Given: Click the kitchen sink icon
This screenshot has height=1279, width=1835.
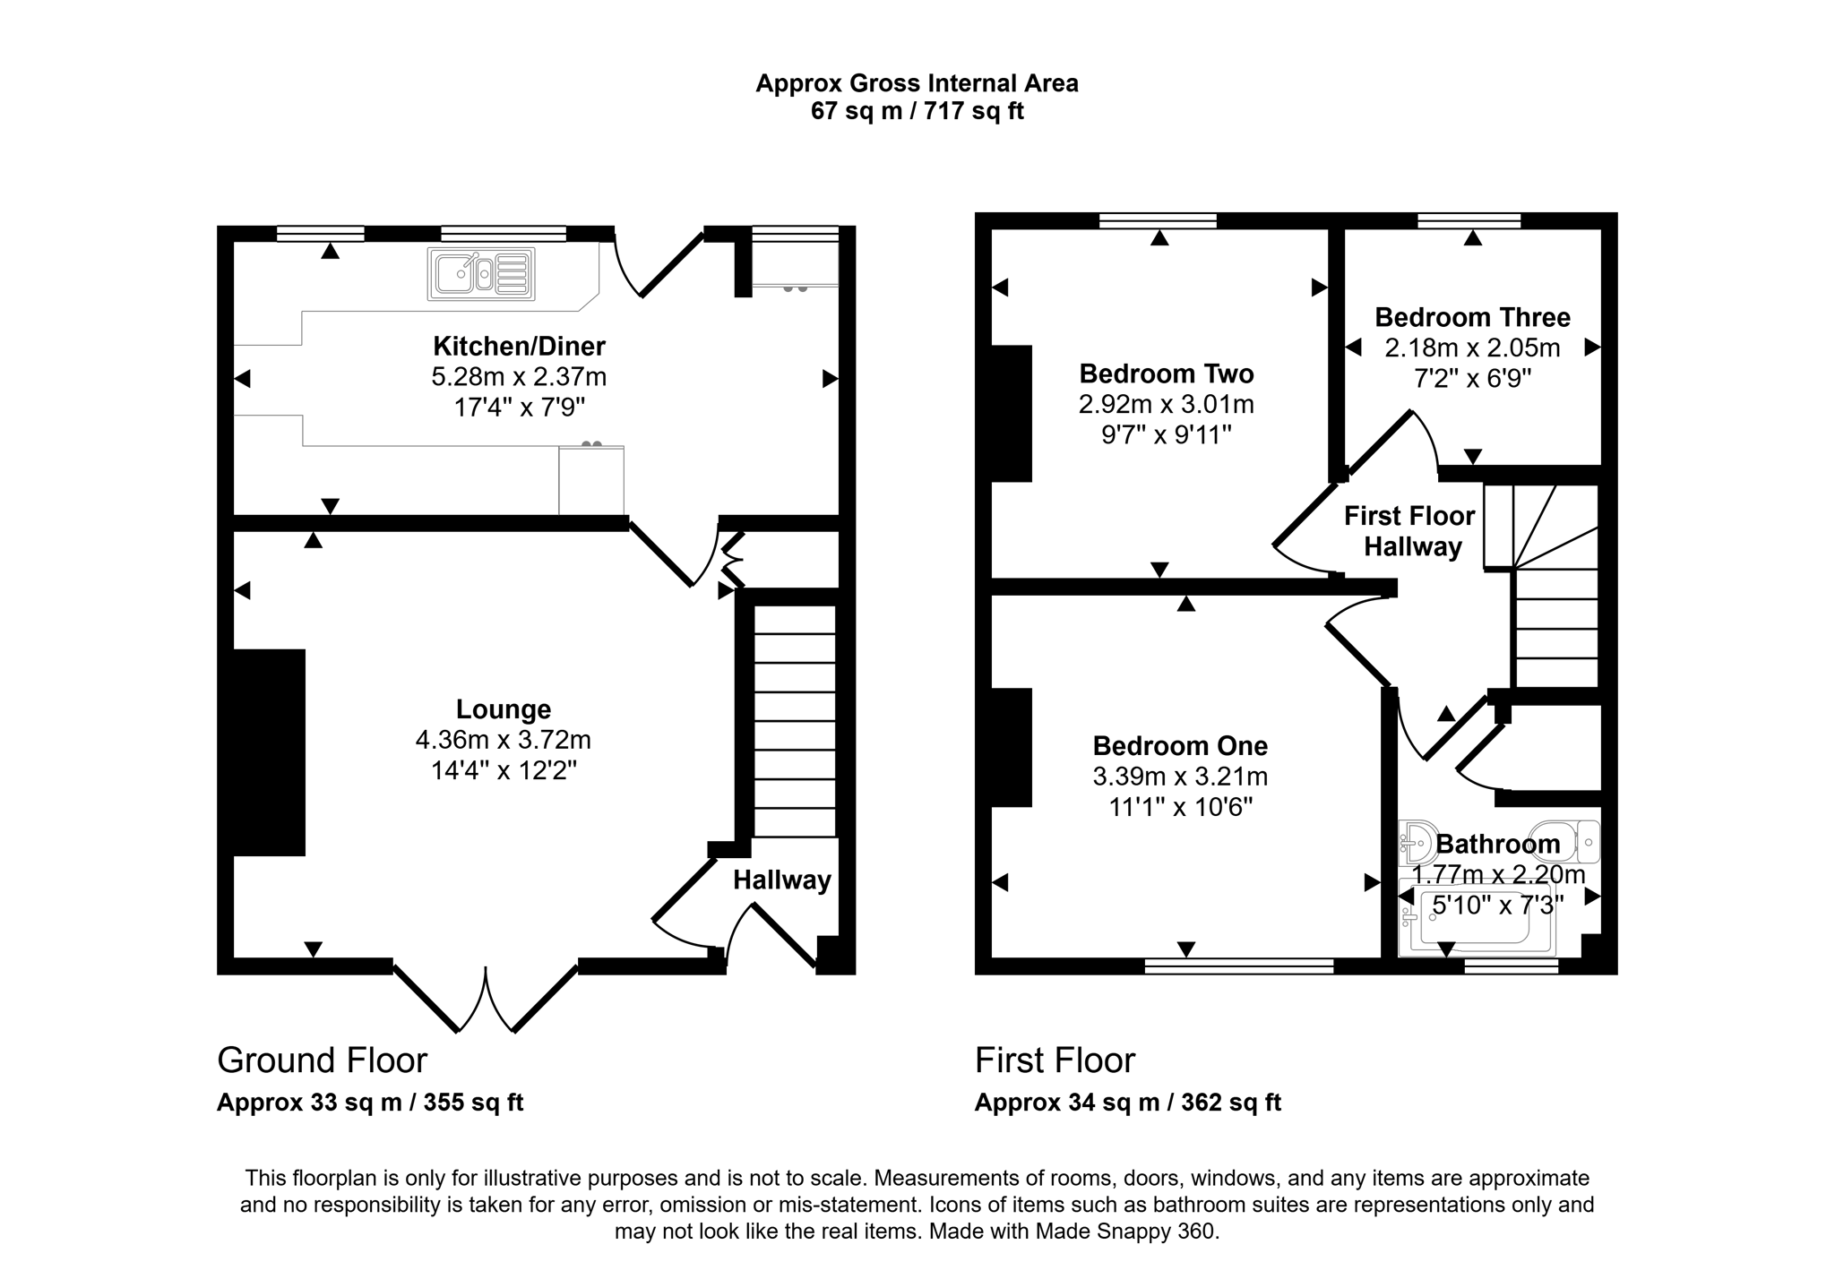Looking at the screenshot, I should coord(481,273).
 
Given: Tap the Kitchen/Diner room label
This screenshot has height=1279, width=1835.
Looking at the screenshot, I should coord(519,346).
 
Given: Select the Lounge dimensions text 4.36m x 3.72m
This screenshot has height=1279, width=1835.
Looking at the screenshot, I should coord(503,740).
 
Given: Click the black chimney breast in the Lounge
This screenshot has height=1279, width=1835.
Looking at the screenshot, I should coord(268,751).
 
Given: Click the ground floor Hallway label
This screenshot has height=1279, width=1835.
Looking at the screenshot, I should coord(781,880).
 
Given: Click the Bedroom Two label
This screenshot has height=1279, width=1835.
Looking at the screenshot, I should coord(1166,373).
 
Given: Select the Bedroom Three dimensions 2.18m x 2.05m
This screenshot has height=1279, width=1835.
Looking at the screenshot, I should coord(1472,348).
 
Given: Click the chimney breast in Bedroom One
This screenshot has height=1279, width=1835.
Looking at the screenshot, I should coord(1012,747).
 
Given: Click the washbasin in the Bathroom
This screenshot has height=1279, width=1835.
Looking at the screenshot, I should coord(1417,842).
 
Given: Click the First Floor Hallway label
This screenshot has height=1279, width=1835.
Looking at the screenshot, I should coord(1410,531).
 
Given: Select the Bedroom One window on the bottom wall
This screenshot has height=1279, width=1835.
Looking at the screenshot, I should coord(1238,966).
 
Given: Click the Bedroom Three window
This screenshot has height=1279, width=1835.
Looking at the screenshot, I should coord(1469,220).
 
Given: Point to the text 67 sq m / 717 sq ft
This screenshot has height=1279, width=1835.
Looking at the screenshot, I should coord(917,111).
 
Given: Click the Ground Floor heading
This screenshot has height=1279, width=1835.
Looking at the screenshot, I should coord(322,1060).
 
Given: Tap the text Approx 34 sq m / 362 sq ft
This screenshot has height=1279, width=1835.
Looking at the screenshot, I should coord(1127,1103).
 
